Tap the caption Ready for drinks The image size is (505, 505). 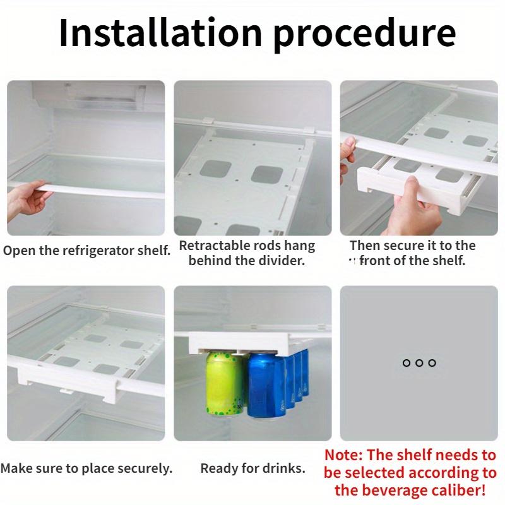252,468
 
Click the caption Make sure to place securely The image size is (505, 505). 86,468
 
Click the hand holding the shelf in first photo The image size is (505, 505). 28,199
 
